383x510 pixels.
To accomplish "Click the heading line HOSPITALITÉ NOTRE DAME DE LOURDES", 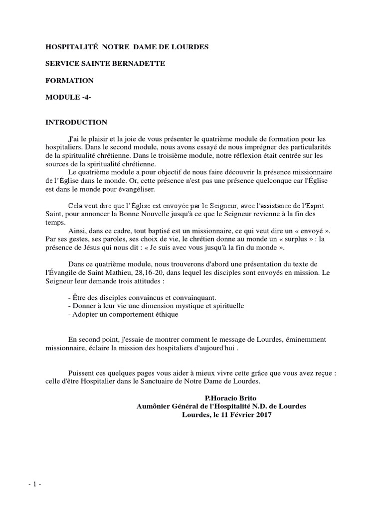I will pos(127,47).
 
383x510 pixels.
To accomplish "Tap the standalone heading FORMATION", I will pos(69,80).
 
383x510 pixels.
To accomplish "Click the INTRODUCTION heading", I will pos(76,122).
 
